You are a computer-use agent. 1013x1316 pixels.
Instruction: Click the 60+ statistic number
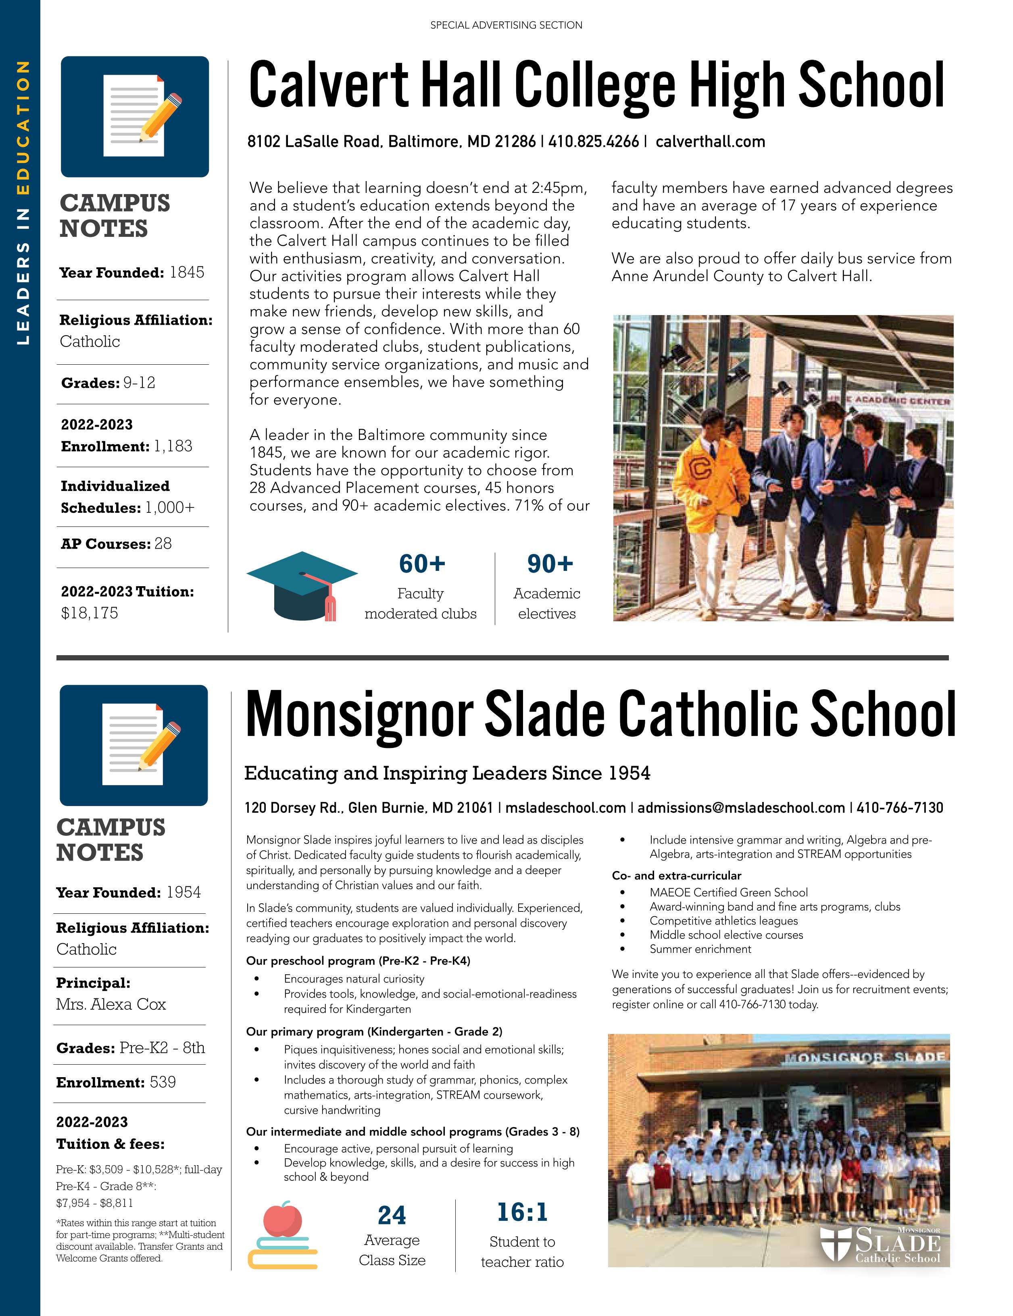click(x=421, y=564)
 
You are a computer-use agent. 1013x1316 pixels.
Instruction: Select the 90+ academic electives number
click(x=549, y=564)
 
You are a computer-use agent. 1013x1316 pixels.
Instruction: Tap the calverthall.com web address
click(x=710, y=142)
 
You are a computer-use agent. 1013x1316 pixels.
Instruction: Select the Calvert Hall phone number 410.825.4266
click(x=593, y=142)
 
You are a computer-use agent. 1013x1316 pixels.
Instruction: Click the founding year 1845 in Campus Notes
click(x=187, y=272)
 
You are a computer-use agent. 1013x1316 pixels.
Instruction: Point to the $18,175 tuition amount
click(x=90, y=613)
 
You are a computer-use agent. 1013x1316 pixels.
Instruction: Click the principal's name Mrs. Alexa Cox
click(x=111, y=1005)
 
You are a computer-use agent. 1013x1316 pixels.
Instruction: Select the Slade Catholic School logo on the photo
click(x=880, y=1243)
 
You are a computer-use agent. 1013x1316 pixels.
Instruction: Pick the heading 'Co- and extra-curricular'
click(x=676, y=875)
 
